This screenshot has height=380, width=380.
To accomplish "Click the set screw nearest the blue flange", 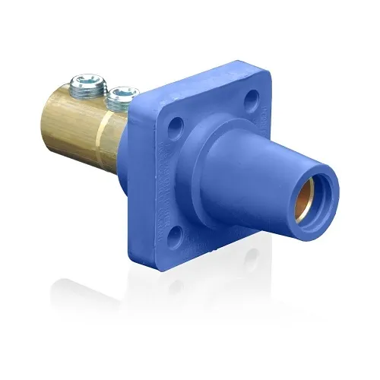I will (x=121, y=97).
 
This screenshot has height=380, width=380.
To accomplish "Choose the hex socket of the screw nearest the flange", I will (x=121, y=93).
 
